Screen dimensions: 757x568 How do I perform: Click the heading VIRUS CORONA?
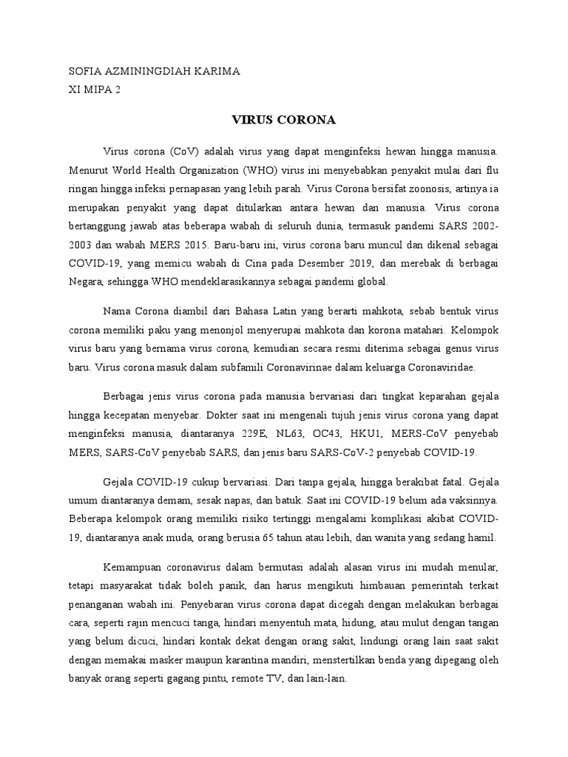[284, 119]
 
